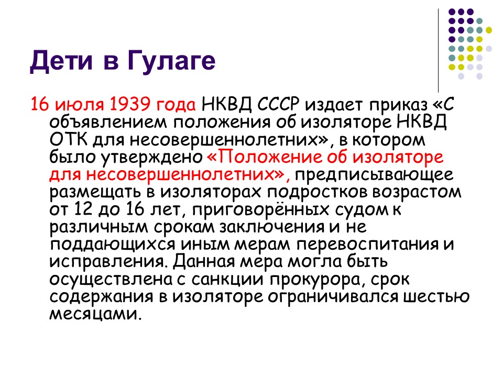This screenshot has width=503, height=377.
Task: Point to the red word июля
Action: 81,105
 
